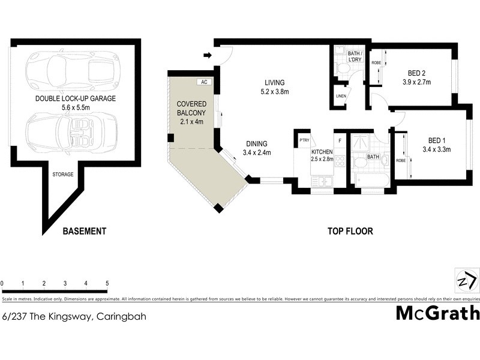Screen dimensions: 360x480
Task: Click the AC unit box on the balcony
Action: [203, 82]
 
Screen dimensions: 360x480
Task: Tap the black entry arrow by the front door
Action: [208, 56]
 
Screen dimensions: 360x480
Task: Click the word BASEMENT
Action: [85, 231]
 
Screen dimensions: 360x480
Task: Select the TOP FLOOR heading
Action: [350, 231]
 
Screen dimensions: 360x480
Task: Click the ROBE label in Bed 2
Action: [376, 62]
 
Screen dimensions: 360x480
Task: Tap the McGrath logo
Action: [437, 313]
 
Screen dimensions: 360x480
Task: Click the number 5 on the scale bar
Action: [107, 283]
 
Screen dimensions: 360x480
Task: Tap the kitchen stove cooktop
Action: [340, 161]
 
